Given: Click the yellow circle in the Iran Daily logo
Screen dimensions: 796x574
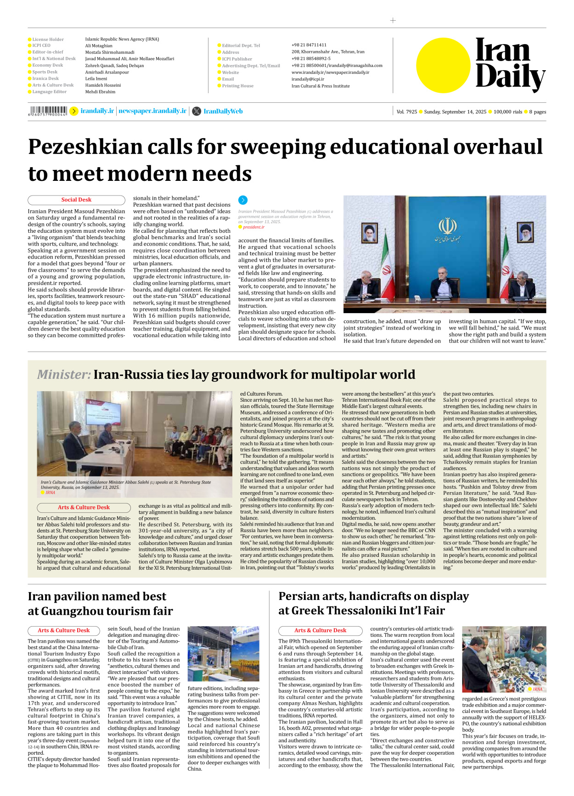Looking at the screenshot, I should [x=443, y=65].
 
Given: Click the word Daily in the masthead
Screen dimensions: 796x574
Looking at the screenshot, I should [x=510, y=77].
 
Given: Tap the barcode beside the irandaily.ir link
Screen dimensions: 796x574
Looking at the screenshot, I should [x=48, y=111].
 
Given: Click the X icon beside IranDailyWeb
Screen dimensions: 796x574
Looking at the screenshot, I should [x=197, y=111].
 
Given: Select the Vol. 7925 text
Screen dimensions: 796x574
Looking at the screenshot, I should [x=406, y=112].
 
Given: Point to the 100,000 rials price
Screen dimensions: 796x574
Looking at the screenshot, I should [x=507, y=112].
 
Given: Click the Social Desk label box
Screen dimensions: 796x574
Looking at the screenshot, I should [x=76, y=200].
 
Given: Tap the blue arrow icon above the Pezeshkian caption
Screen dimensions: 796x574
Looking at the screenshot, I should [x=243, y=200].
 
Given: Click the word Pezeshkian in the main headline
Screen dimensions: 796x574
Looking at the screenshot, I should [x=85, y=147].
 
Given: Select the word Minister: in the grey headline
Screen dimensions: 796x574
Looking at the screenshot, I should [x=64, y=375].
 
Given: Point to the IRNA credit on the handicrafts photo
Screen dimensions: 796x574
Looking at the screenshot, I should [x=537, y=689].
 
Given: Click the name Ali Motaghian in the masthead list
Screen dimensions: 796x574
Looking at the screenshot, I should [x=99, y=45].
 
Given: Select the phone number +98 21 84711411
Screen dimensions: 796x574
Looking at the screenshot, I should [x=309, y=45].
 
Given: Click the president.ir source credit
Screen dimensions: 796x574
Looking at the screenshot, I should [x=253, y=227].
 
